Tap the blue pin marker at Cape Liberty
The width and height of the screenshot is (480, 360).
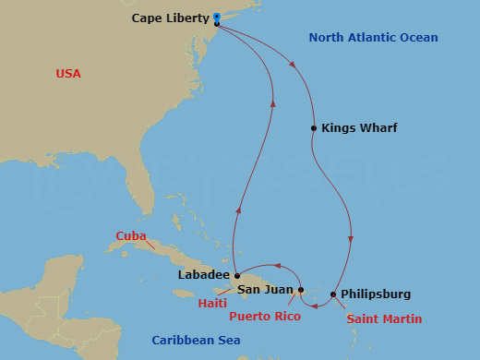(216, 17)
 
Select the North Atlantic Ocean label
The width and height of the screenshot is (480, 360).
(373, 38)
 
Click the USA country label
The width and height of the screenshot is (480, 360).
(69, 73)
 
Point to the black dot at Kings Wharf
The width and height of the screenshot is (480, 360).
(314, 127)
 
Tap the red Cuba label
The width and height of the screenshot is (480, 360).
(131, 236)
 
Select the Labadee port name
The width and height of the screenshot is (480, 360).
(201, 274)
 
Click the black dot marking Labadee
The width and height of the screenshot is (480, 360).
(236, 274)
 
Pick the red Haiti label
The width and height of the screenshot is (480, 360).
(212, 300)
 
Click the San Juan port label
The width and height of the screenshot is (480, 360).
(268, 289)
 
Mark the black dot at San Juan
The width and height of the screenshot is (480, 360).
(301, 290)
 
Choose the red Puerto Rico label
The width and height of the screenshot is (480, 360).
(267, 314)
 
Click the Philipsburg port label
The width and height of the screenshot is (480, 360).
(376, 294)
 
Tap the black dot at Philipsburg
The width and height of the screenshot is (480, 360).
(333, 294)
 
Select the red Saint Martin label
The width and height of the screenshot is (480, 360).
(384, 319)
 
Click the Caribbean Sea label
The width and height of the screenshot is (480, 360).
(196, 341)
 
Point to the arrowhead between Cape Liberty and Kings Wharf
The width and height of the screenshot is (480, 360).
(294, 66)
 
